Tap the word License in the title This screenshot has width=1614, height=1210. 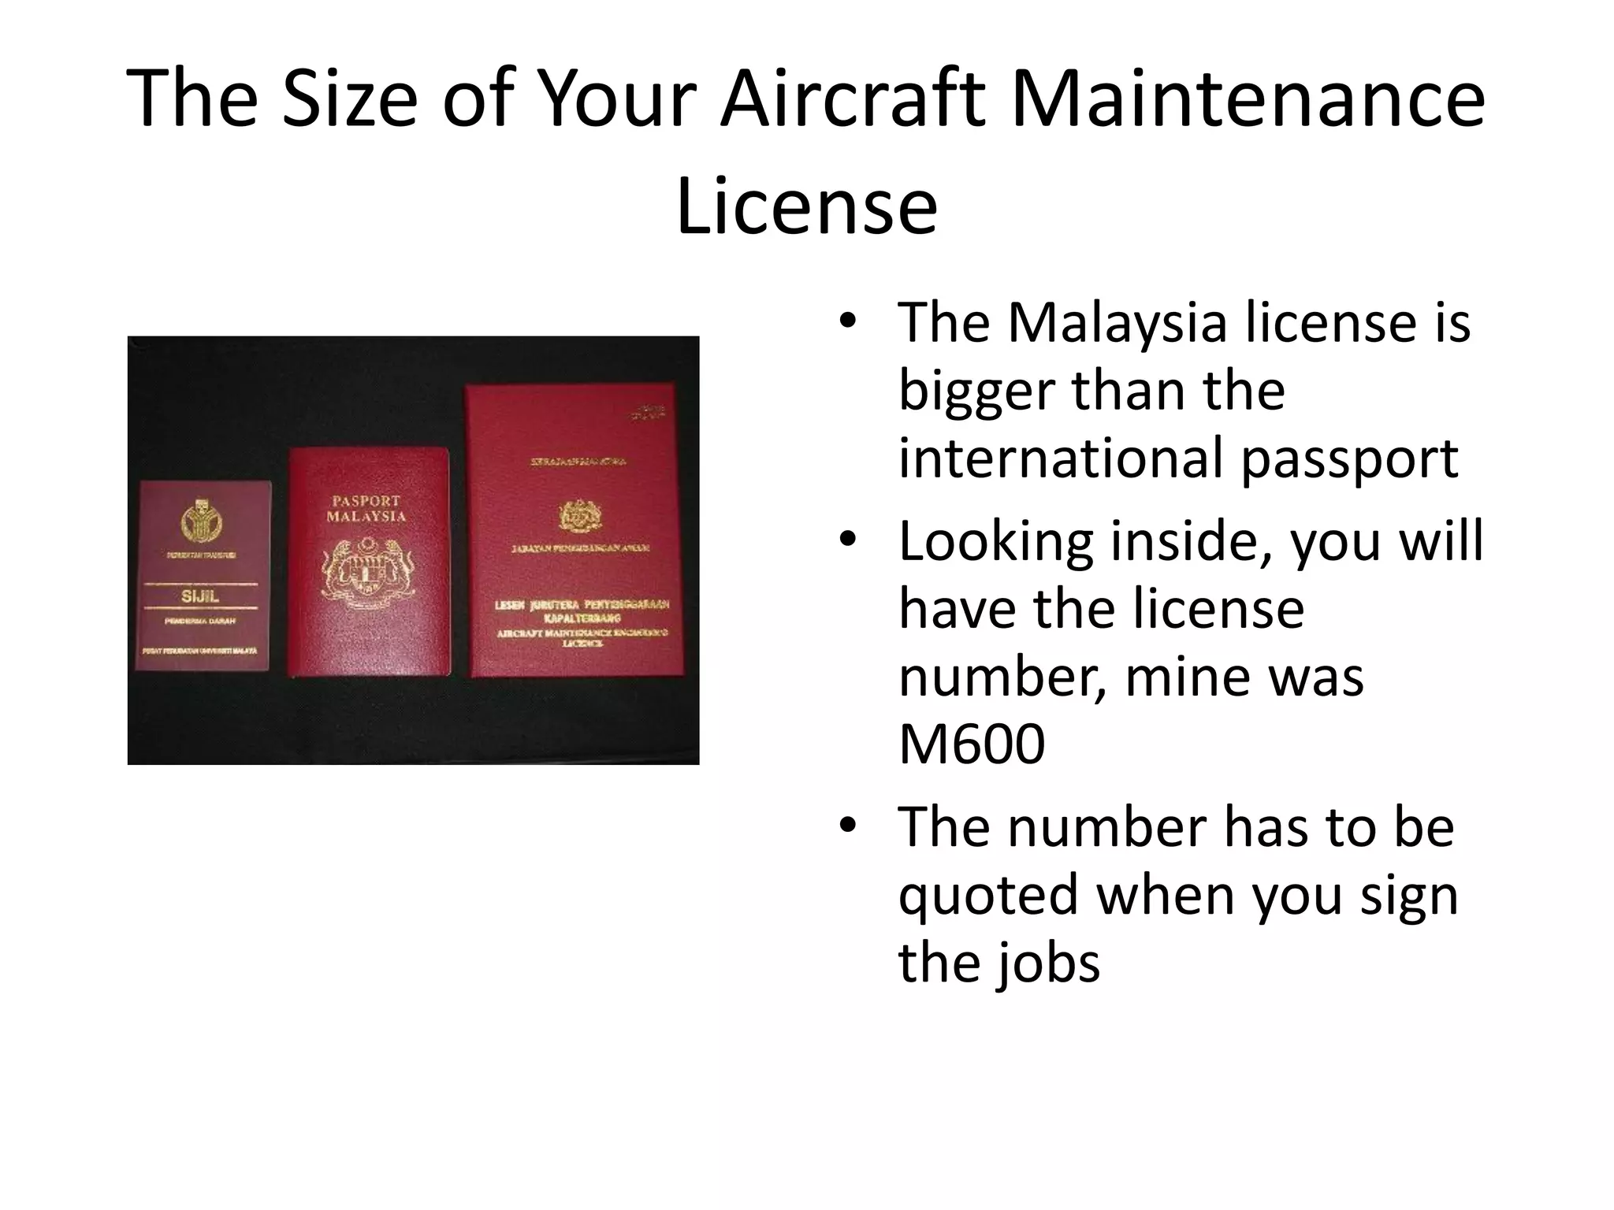tap(806, 206)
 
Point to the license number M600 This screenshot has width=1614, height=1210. tap(971, 744)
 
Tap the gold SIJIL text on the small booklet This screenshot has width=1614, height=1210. tap(200, 596)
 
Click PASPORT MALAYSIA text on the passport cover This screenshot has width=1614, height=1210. tap(366, 509)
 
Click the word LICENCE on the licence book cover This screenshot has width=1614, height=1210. tap(582, 644)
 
